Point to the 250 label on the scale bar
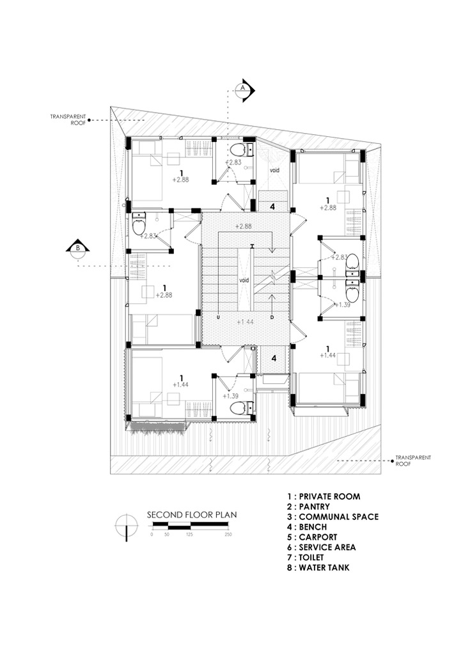pyautogui.click(x=228, y=533)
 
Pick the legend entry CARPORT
pyautogui.click(x=313, y=537)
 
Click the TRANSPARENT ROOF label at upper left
pyautogui.click(x=64, y=119)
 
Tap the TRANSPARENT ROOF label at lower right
pyautogui.click(x=413, y=460)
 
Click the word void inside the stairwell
pyautogui.click(x=244, y=280)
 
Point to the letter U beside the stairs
pyautogui.click(x=219, y=316)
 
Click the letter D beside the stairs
pyautogui.click(x=272, y=316)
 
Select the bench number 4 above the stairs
pyautogui.click(x=272, y=207)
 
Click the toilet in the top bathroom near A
pyautogui.click(x=239, y=150)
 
